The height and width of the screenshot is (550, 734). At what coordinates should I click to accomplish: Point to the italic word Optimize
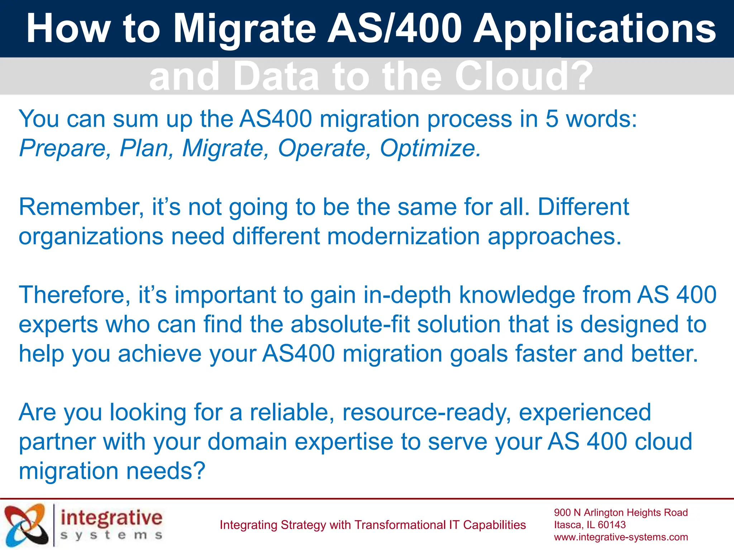coord(430,148)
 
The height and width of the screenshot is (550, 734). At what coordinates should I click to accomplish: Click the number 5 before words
coord(552,119)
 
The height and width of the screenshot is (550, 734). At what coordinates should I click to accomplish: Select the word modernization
coord(403,236)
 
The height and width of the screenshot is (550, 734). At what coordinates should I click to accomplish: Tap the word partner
coord(57,442)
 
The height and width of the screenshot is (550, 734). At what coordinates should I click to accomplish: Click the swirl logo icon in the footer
coord(26,525)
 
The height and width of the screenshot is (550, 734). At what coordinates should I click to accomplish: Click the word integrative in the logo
coord(111,518)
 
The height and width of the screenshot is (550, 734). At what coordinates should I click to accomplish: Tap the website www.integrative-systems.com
coord(621,537)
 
